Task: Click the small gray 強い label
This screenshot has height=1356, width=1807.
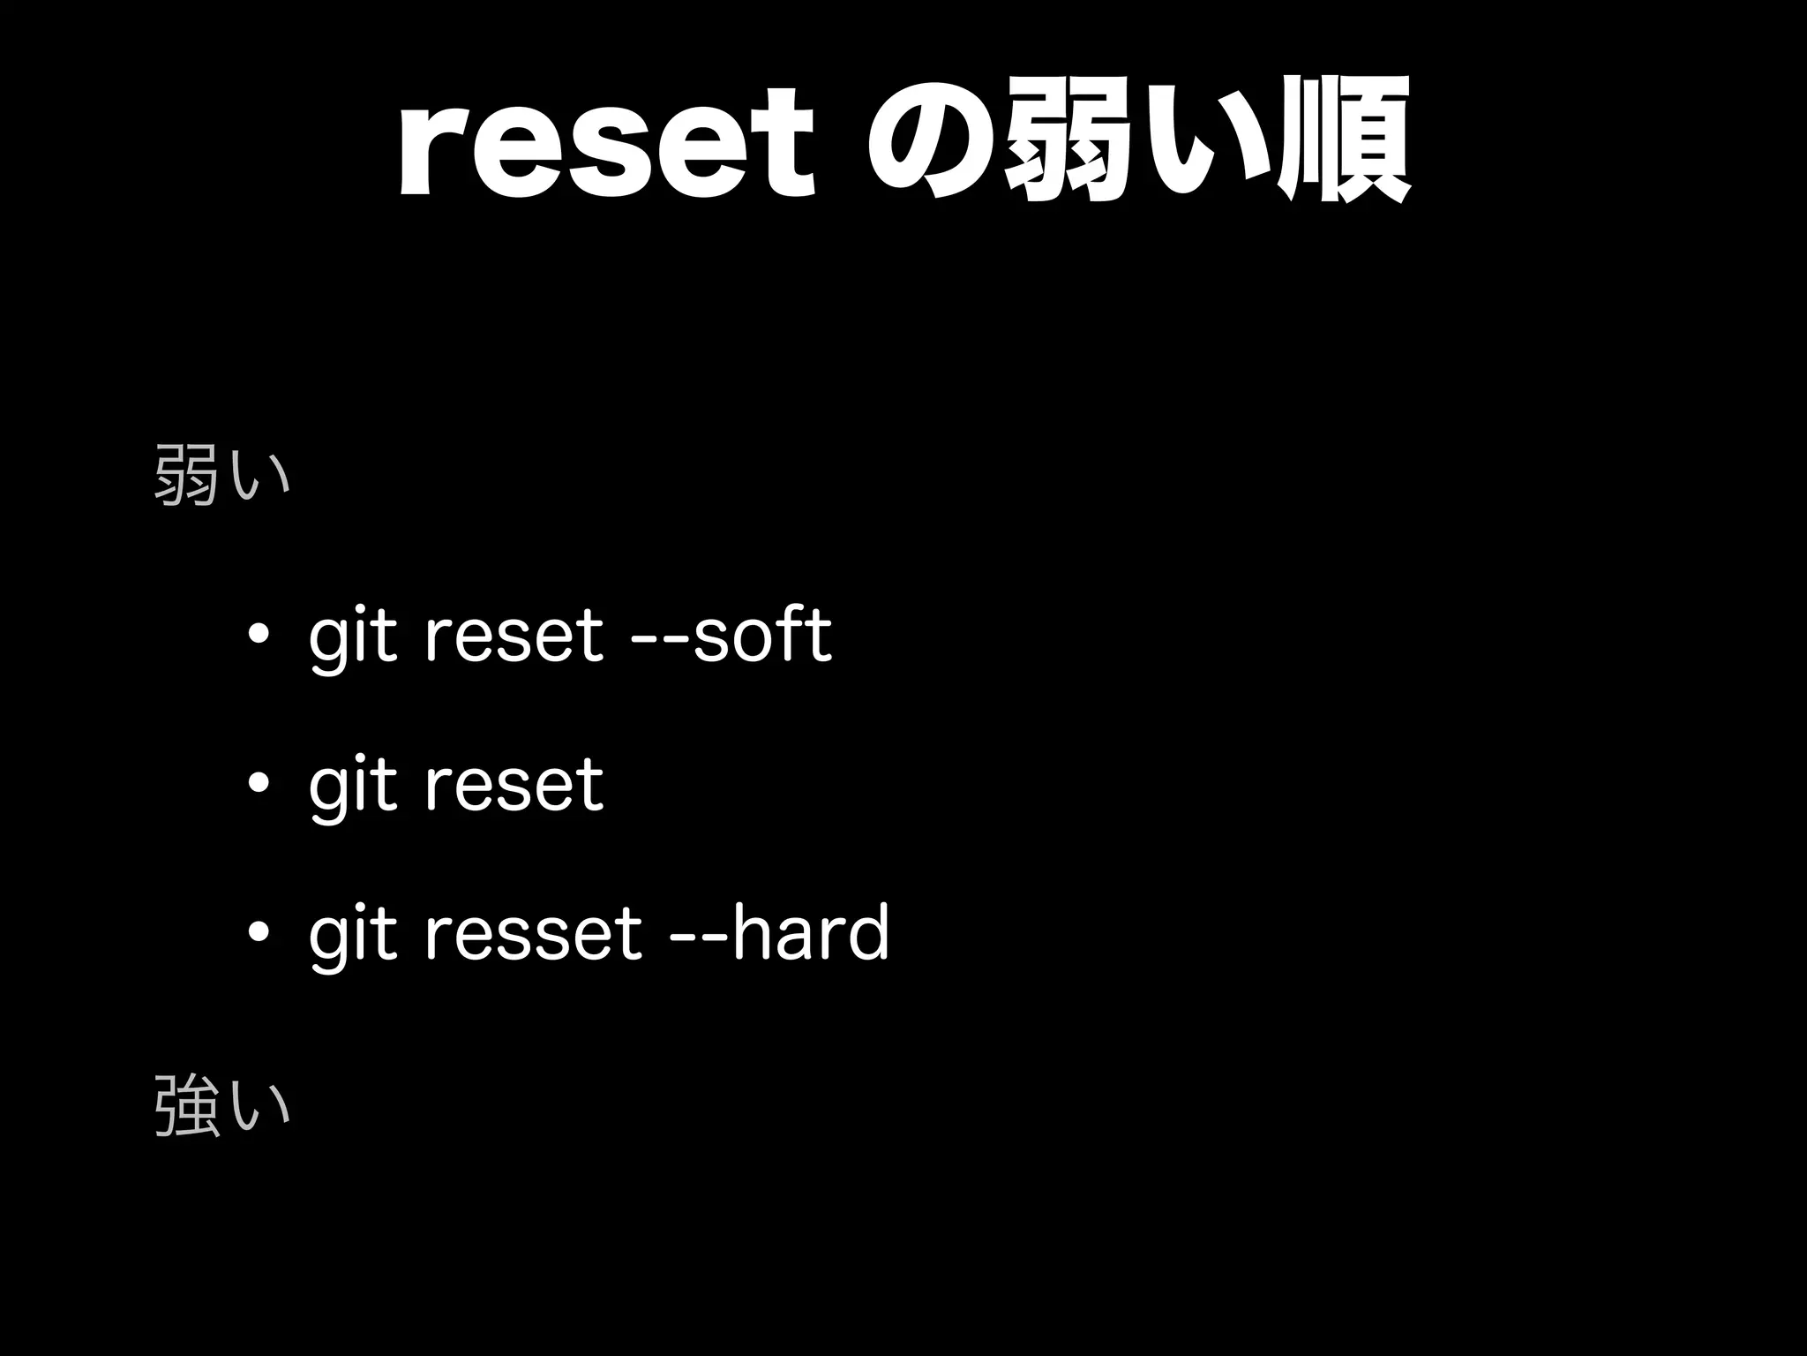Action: (x=221, y=1104)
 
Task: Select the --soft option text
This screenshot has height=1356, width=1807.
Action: (x=732, y=635)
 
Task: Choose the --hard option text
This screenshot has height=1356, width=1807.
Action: (x=779, y=933)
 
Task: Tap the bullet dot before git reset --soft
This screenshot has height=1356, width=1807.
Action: (x=259, y=635)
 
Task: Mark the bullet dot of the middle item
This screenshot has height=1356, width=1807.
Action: (x=259, y=784)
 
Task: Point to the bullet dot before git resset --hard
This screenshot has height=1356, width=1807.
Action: (x=259, y=933)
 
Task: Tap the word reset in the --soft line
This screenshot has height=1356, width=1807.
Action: (x=514, y=637)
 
